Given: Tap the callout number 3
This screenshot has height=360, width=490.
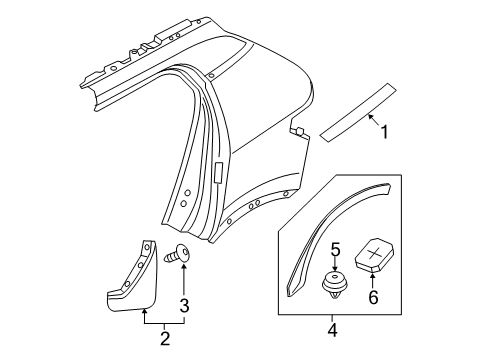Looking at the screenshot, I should [184, 304].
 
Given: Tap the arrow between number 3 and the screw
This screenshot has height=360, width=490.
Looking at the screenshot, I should [184, 280].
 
